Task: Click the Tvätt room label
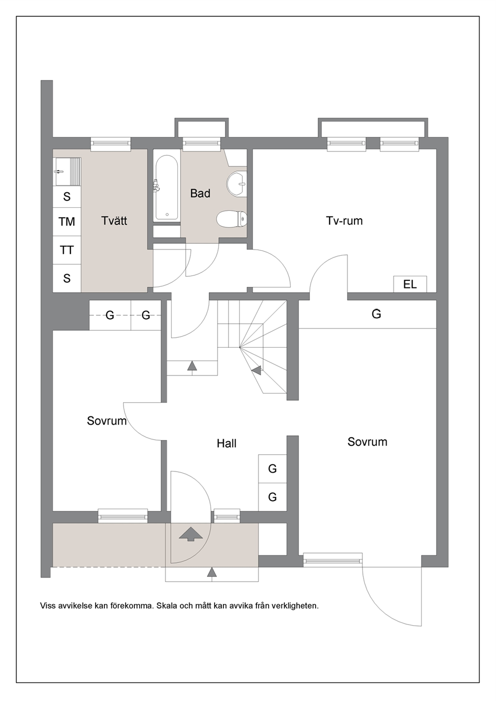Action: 114,221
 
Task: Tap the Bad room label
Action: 200,193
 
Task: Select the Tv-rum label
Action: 344,221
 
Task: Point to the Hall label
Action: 226,444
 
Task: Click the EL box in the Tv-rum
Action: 410,284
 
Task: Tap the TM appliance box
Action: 66,221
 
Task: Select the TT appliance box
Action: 66,250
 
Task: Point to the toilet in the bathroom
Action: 231,218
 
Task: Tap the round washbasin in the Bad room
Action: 236,184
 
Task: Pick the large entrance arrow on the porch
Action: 190,534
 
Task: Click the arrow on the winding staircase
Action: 257,371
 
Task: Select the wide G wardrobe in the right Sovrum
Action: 367,314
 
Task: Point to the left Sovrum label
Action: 107,421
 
